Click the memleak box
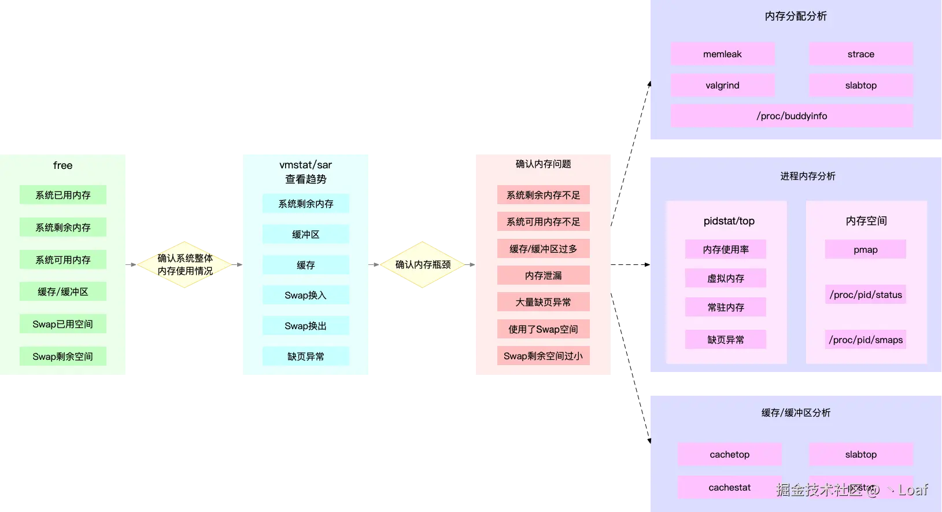722,54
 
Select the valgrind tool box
722,85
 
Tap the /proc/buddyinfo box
792,116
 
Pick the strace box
860,54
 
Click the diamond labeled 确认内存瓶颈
423,264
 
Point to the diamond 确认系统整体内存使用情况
185,264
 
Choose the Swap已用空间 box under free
62,324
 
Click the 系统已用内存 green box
62,195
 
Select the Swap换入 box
305,295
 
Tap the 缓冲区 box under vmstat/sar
305,234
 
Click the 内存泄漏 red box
543,275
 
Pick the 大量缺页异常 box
543,302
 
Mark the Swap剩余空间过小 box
543,356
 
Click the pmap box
865,249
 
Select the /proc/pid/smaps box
865,340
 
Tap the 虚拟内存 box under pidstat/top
725,278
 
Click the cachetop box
729,454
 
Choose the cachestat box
729,487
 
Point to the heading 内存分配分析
796,16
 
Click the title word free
62,165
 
